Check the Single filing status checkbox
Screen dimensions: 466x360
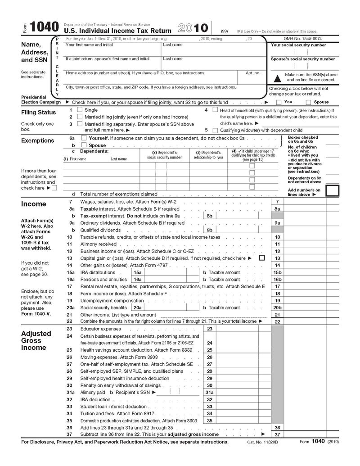click(x=80, y=109)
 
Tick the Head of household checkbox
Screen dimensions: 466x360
click(x=215, y=109)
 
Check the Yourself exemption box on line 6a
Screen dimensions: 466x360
click(x=84, y=138)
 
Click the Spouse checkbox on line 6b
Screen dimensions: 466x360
click(x=84, y=145)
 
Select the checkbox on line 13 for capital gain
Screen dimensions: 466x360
click(x=262, y=258)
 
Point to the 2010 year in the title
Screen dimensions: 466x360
click(x=193, y=28)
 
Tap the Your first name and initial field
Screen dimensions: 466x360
click(x=112, y=51)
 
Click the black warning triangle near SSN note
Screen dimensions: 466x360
click(x=277, y=77)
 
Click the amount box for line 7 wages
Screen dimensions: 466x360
click(x=305, y=202)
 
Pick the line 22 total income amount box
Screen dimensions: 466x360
click(x=305, y=321)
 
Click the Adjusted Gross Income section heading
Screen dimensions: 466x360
click(x=36, y=340)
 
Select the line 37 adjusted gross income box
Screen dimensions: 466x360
click(x=305, y=434)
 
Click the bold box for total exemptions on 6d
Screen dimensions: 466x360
click(x=332, y=190)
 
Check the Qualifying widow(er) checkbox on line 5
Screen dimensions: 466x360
click(x=215, y=130)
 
